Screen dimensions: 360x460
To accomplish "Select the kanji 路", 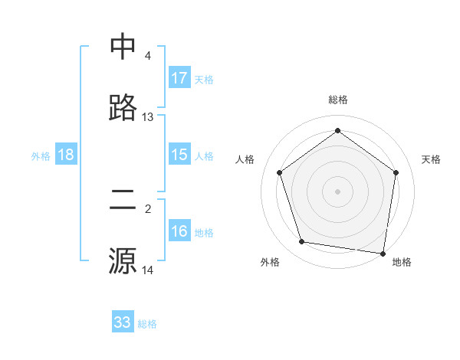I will pyautogui.click(x=123, y=107).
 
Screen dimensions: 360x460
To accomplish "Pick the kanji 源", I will pyautogui.click(x=123, y=260).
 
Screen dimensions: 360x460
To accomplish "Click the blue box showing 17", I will pyautogui.click(x=179, y=78).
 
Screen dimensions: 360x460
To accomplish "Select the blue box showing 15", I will pyautogui.click(x=179, y=155).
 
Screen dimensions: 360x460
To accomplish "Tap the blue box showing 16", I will pyautogui.click(x=179, y=231).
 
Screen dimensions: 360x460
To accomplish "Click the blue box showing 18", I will pyautogui.click(x=66, y=155).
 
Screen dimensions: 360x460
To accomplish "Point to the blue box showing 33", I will pyautogui.click(x=123, y=322).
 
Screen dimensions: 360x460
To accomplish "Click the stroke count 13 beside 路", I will pyautogui.click(x=148, y=117).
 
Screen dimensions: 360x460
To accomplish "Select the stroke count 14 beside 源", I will pyautogui.click(x=148, y=270).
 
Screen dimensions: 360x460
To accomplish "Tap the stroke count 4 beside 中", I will pyautogui.click(x=148, y=56).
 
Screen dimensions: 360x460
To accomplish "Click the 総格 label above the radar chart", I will pyautogui.click(x=338, y=100).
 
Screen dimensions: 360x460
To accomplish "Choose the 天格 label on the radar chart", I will pyautogui.click(x=432, y=159).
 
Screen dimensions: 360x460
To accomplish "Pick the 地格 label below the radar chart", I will pyautogui.click(x=402, y=262).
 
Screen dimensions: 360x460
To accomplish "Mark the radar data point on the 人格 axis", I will pyautogui.click(x=280, y=172).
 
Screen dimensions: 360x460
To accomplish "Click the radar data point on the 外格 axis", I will pyautogui.click(x=302, y=242).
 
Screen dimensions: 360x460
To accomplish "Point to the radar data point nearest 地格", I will pyautogui.click(x=383, y=253).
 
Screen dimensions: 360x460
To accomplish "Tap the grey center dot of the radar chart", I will pyautogui.click(x=338, y=191).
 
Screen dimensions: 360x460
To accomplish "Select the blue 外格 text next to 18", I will pyautogui.click(x=41, y=155).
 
